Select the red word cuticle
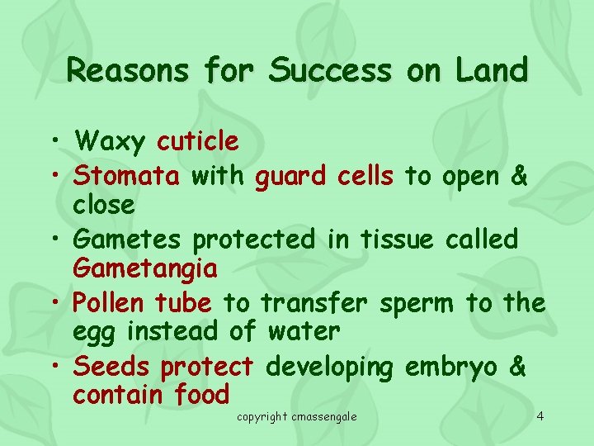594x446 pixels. [198, 142]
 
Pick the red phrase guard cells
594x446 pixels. [326, 175]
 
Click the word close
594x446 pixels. [103, 204]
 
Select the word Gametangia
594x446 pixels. [145, 268]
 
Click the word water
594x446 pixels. [304, 332]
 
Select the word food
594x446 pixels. [202, 395]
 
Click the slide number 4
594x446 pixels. [540, 415]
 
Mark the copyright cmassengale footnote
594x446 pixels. [297, 416]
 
